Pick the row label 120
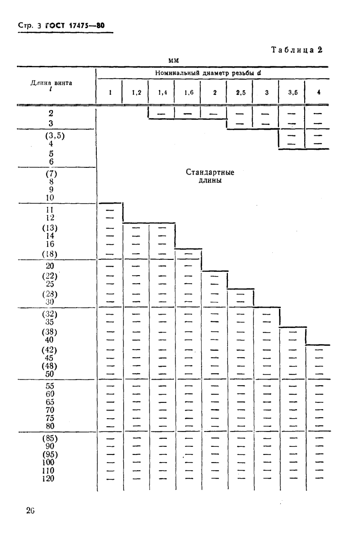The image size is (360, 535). click(x=50, y=478)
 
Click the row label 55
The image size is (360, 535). click(x=50, y=386)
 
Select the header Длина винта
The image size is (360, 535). click(x=50, y=84)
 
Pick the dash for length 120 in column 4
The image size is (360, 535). click(x=318, y=478)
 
